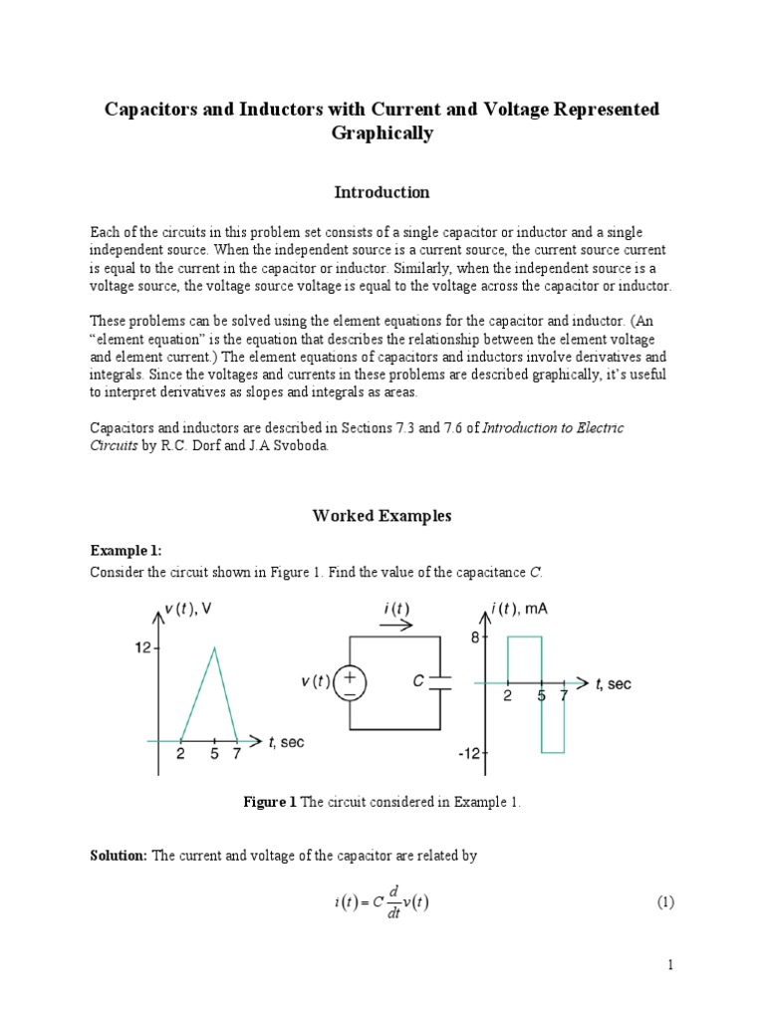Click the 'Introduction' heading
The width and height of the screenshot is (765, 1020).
pyautogui.click(x=382, y=192)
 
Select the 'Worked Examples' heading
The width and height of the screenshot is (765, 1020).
pyautogui.click(x=382, y=515)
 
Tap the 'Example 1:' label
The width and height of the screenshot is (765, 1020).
pyautogui.click(x=126, y=550)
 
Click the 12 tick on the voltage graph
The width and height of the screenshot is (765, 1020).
pyautogui.click(x=142, y=648)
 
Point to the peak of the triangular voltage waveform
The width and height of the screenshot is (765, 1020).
pyautogui.click(x=214, y=648)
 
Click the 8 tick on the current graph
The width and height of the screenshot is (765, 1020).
pyautogui.click(x=475, y=637)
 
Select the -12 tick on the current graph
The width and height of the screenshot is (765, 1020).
pyautogui.click(x=470, y=754)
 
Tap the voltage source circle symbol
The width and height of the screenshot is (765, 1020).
pyautogui.click(x=351, y=682)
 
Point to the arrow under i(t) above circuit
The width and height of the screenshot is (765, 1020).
pyautogui.click(x=396, y=626)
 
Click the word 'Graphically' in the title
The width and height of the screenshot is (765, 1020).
pyautogui.click(x=382, y=133)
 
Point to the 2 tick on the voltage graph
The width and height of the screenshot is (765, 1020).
pyautogui.click(x=180, y=754)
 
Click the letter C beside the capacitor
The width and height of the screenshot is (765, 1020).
pyautogui.click(x=419, y=682)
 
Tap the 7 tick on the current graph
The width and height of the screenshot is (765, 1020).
pyautogui.click(x=564, y=696)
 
